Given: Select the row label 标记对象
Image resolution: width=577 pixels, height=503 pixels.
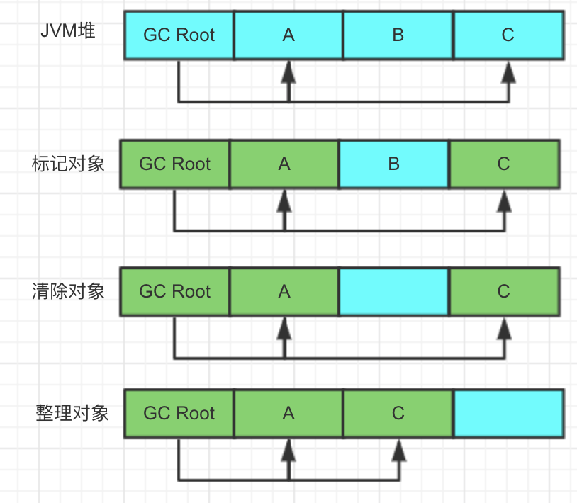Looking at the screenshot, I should pyautogui.click(x=68, y=164).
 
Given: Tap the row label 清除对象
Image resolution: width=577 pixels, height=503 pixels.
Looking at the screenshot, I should pyautogui.click(x=68, y=291).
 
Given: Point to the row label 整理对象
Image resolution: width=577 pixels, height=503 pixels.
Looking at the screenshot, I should pyautogui.click(x=72, y=412).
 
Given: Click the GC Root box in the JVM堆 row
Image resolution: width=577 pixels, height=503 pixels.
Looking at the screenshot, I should pyautogui.click(x=179, y=35).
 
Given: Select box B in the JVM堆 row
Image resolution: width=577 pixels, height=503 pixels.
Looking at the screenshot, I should pyautogui.click(x=398, y=35).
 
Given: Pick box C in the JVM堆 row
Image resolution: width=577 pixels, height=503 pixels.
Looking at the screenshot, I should pyautogui.click(x=508, y=35).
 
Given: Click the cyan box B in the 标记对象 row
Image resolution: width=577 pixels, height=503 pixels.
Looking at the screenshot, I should pyautogui.click(x=393, y=164).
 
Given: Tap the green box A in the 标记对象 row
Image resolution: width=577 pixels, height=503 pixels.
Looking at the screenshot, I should pyautogui.click(x=284, y=164).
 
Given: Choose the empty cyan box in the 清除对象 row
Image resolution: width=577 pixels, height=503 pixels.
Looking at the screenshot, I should pyautogui.click(x=393, y=291).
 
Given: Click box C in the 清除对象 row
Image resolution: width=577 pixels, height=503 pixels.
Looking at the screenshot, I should pyautogui.click(x=503, y=291).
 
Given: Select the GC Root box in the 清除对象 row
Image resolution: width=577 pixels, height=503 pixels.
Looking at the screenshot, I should pyautogui.click(x=175, y=291).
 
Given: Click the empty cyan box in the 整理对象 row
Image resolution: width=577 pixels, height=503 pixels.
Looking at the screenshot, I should pyautogui.click(x=508, y=413).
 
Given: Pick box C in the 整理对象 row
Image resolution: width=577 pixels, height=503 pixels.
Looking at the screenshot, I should pyautogui.click(x=398, y=413).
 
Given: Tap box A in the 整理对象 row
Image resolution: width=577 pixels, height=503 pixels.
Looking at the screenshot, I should pyautogui.click(x=288, y=413).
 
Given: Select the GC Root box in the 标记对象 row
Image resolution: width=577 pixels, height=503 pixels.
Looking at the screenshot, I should pyautogui.click(x=175, y=164).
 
